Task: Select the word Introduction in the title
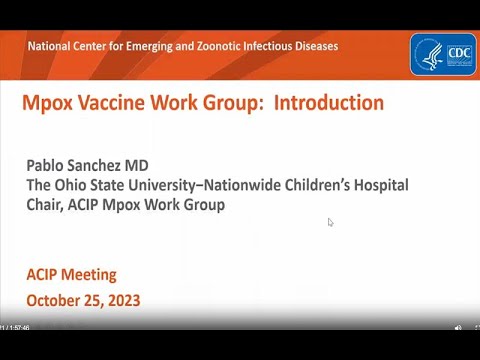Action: click(x=328, y=103)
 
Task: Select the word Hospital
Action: click(x=379, y=185)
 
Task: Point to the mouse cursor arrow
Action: click(x=330, y=222)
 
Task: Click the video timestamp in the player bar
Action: click(x=15, y=327)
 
